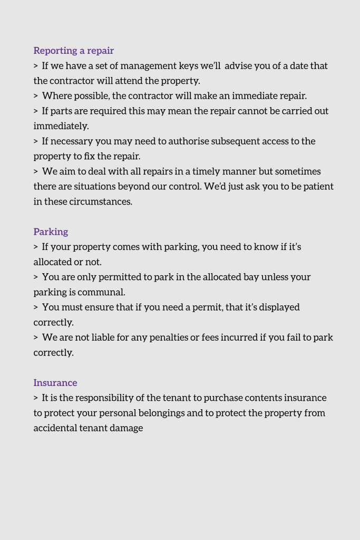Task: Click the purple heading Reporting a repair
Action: coord(74,51)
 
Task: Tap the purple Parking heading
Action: coord(51,232)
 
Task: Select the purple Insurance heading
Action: coord(55,382)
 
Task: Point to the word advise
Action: coord(240,66)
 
